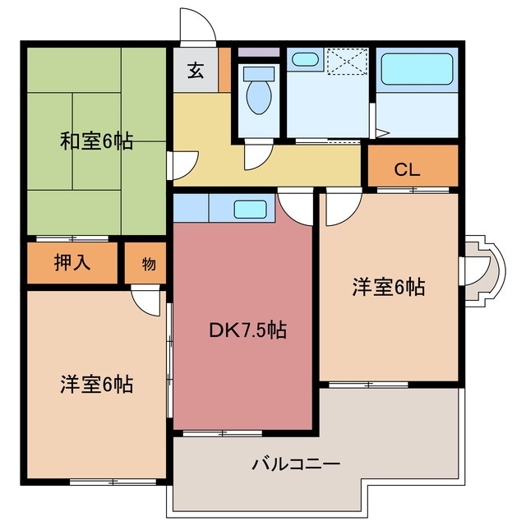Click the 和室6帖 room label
[97, 141]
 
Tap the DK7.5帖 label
[247, 330]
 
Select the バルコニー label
[296, 464]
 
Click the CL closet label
[407, 170]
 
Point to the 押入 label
[73, 264]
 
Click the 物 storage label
[148, 264]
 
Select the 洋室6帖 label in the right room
[388, 288]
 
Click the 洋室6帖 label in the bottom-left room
[96, 383]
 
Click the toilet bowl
[259, 95]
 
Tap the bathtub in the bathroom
[417, 72]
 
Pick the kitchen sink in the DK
[249, 209]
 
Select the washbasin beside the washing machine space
[306, 60]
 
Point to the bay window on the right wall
[479, 270]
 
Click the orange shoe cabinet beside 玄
[224, 72]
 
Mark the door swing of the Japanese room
[181, 166]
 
